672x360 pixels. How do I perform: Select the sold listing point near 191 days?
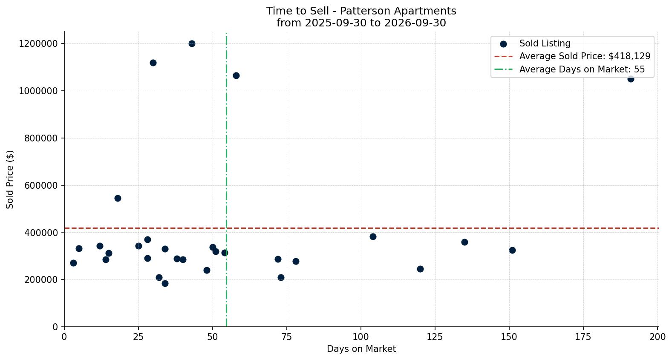coord(631,79)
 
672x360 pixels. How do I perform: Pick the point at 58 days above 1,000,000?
coord(236,75)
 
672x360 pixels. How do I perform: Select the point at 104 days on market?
coord(373,237)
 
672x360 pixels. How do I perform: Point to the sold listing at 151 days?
coord(512,250)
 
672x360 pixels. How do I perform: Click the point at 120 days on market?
coord(420,269)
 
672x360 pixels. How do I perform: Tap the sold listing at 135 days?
coord(465,242)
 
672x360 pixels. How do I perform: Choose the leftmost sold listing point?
coord(73,263)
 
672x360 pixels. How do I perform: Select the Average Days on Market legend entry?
coord(569,69)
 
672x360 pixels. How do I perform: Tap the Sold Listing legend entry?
coord(535,43)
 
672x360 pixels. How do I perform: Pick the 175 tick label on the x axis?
coord(583,337)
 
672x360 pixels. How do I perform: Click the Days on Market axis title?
coord(361,349)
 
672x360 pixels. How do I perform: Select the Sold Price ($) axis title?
coord(10,179)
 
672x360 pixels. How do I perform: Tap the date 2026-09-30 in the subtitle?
coord(415,23)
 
